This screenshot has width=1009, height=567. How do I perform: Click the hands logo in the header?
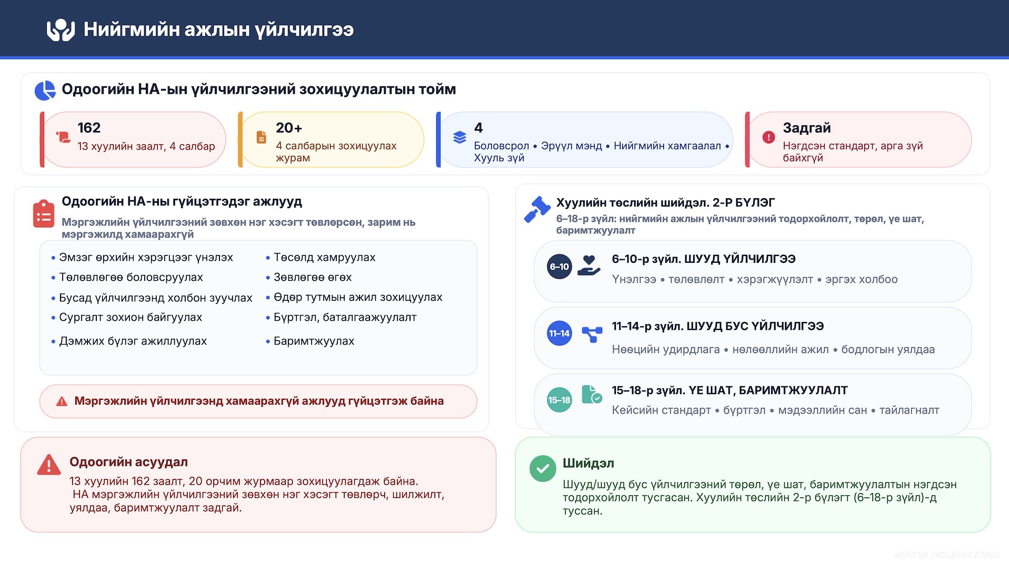click(x=61, y=30)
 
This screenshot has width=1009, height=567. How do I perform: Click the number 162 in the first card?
click(x=89, y=128)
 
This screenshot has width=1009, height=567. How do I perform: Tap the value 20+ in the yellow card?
click(x=289, y=128)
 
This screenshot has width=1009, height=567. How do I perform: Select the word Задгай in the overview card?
click(x=806, y=128)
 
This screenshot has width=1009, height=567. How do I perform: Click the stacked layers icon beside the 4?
click(x=459, y=138)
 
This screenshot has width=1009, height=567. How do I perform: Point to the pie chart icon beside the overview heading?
click(x=45, y=90)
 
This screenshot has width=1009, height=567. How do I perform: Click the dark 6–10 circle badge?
click(x=559, y=267)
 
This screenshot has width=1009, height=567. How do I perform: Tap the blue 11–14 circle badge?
click(x=559, y=334)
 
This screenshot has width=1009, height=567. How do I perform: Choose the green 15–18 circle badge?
click(x=559, y=400)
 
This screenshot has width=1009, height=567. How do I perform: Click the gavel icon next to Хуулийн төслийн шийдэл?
click(x=537, y=209)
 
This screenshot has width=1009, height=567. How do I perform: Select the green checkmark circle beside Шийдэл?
click(x=543, y=468)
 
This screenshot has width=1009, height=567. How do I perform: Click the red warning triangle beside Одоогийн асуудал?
click(x=49, y=465)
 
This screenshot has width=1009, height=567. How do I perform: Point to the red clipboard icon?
click(x=44, y=214)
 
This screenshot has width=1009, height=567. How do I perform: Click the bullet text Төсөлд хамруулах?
click(x=324, y=258)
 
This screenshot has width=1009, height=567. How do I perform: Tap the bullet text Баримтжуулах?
click(x=314, y=341)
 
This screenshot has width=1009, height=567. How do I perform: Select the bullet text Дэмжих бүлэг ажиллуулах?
click(x=133, y=341)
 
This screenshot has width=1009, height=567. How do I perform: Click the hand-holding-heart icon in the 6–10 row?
click(x=589, y=266)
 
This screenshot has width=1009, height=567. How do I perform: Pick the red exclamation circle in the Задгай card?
click(x=768, y=138)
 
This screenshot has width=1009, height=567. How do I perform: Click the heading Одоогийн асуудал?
click(x=128, y=462)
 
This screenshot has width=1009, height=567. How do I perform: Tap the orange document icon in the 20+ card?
click(x=261, y=138)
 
